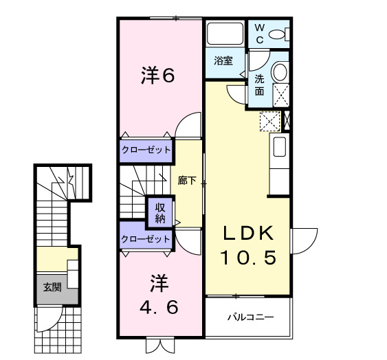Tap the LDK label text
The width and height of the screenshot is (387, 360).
tap(248, 233)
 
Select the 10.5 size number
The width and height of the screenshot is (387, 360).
tap(248, 258)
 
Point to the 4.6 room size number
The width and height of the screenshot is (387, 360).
tap(159, 306)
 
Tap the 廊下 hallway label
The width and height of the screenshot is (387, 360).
tap(187, 181)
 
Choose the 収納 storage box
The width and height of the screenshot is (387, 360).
tap(159, 213)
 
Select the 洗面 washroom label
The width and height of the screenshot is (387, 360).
tap(259, 84)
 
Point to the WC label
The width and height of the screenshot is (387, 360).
tap(260, 32)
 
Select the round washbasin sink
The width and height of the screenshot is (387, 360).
tap(280, 72)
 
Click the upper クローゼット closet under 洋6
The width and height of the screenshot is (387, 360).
tap(146, 150)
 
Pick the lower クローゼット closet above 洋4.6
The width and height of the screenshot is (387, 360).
tap(145, 238)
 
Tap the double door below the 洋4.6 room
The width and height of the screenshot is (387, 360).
tap(157, 346)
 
